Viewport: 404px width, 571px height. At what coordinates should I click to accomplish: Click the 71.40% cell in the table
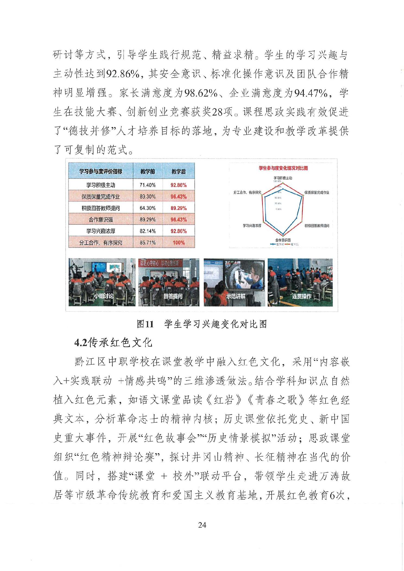click(147, 185)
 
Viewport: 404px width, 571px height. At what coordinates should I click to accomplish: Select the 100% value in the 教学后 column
click(178, 243)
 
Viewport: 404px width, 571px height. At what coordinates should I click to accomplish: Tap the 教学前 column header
click(147, 171)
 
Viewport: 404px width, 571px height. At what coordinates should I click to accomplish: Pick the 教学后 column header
click(178, 171)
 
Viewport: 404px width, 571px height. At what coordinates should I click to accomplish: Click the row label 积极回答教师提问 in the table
click(100, 208)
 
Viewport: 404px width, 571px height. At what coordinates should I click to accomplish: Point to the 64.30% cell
click(147, 208)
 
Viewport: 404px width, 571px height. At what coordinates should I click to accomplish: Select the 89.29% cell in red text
click(178, 208)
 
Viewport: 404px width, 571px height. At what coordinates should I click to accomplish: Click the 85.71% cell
click(147, 243)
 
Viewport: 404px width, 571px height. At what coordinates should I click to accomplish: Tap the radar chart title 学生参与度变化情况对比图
click(283, 168)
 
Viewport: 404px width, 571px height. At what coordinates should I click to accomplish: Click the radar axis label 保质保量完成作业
click(317, 192)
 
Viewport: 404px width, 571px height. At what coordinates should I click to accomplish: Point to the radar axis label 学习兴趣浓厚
click(252, 226)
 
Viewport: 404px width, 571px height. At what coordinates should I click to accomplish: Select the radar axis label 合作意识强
click(283, 240)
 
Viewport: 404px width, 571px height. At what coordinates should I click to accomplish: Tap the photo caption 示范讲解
click(235, 296)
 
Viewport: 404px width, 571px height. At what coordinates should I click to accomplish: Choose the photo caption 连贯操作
click(301, 296)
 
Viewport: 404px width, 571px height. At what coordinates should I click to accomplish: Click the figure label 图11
click(145, 324)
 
